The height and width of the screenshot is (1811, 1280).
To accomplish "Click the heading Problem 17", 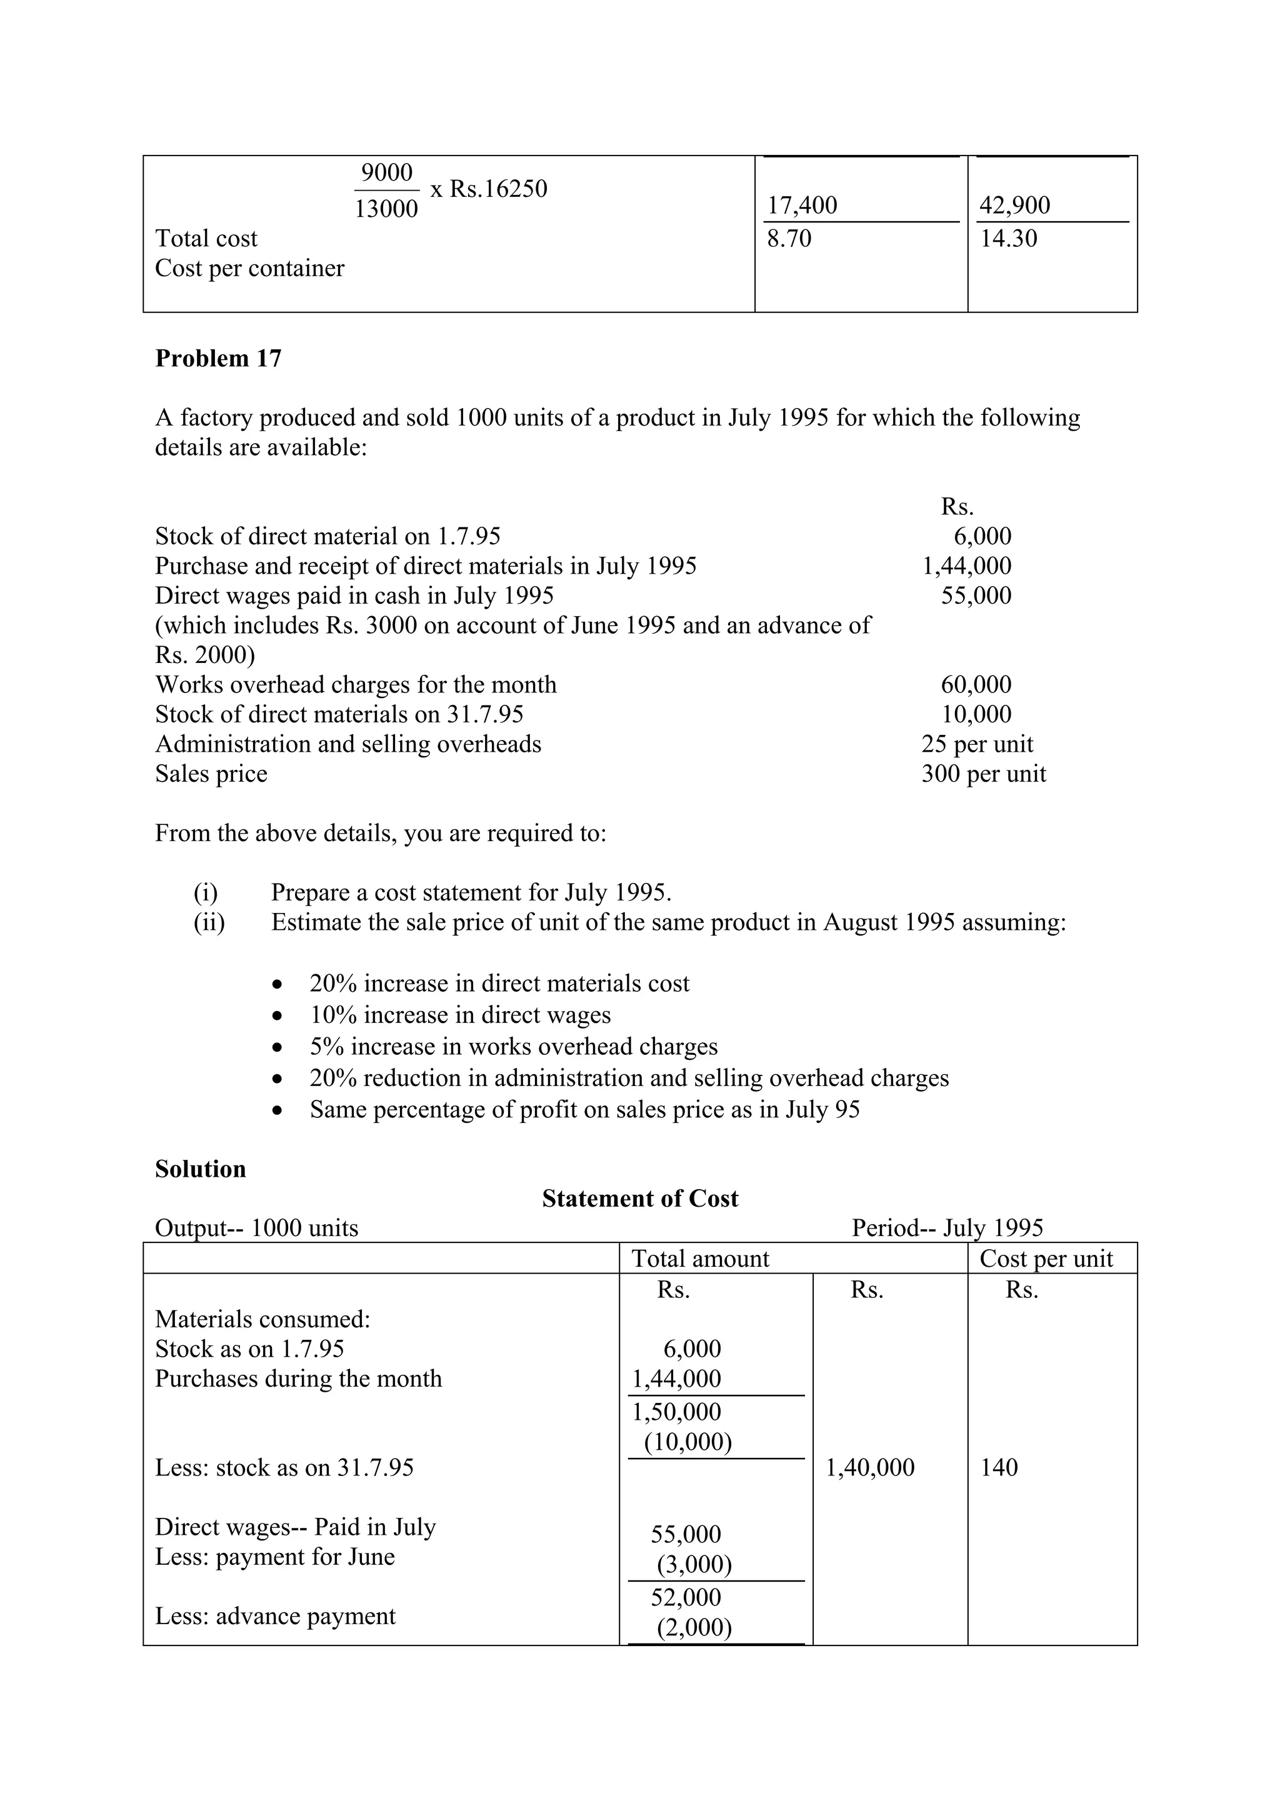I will pos(217,359).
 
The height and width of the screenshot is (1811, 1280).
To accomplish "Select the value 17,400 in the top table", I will pos(802,205).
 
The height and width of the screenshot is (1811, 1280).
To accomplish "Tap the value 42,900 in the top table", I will pos(1014,205).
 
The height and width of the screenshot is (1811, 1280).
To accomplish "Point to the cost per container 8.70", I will pos(789,238).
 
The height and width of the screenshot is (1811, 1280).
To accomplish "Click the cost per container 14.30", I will pos(1008,238).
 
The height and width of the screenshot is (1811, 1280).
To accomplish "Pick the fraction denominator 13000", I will pos(386,209).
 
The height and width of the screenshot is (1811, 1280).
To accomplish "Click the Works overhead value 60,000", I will pos(976,685).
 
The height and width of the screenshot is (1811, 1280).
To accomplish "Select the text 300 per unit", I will pos(984,774).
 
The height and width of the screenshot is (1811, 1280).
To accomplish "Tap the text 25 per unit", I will pos(976,744).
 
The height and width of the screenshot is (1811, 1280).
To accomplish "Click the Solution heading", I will pos(201,1169).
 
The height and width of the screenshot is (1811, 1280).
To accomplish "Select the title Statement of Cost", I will pos(639,1199).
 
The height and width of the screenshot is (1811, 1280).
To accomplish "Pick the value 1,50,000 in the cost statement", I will pos(677,1412).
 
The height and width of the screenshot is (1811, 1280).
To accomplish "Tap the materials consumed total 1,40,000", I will pos(870,1468).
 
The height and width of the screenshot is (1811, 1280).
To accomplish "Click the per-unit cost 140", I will pos(999,1468).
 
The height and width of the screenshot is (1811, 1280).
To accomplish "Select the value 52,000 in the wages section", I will pos(686,1598).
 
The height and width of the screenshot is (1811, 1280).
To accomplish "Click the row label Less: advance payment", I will pos(275,1616).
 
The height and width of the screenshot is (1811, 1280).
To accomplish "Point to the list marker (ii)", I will pos(209,922).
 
